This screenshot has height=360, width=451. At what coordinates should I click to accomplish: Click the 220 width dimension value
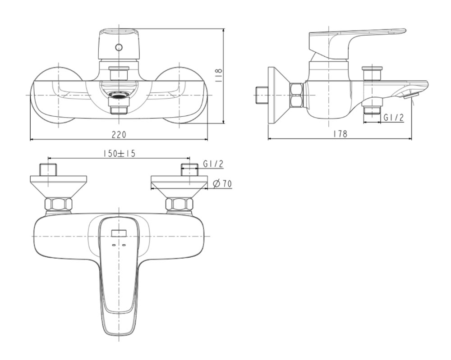coord(119,134)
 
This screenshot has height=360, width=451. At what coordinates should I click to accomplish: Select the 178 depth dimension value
coord(340,134)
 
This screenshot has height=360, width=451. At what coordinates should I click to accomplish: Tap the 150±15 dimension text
coord(119,153)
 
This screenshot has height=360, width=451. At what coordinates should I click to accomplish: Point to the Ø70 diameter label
coord(222,183)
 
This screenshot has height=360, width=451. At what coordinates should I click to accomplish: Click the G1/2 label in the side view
coord(394,118)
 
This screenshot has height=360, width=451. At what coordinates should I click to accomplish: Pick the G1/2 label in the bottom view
coord(213,164)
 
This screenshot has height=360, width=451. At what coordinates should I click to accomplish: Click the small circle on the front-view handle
coord(119,47)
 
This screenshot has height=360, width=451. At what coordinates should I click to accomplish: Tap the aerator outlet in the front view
coord(119,95)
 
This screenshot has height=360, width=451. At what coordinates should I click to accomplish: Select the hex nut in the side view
coord(297,95)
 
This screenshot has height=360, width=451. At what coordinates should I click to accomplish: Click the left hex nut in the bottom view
coord(58,204)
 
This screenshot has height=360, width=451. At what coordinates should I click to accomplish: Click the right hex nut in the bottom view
coord(179,204)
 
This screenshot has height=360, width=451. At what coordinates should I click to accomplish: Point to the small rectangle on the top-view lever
coord(119,233)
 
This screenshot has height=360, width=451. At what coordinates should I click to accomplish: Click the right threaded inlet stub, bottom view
coord(190,170)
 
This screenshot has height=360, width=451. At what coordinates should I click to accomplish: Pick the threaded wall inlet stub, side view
coord(261,95)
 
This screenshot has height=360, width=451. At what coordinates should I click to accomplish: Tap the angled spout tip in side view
coord(411,94)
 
